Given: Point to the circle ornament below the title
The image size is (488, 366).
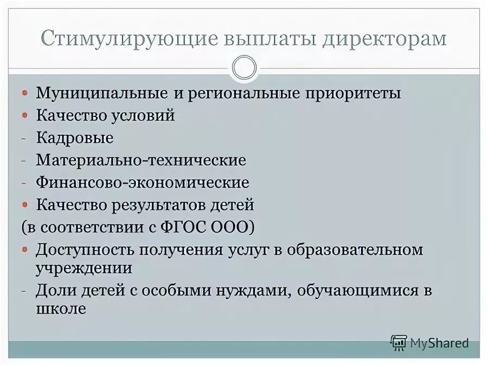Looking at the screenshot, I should pyautogui.click(x=244, y=68).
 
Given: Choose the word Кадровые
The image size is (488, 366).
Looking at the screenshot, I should pyautogui.click(x=75, y=138).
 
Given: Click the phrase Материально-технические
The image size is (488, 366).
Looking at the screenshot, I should pyautogui.click(x=141, y=161).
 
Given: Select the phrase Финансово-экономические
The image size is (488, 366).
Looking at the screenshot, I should pyautogui.click(x=143, y=183).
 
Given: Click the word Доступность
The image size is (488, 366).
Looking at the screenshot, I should pyautogui.click(x=84, y=250).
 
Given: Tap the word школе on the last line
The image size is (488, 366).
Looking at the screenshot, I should pyautogui.click(x=61, y=309).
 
